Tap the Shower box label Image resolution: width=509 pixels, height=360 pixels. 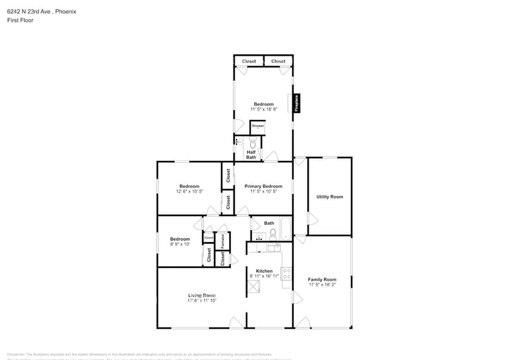click(258, 126)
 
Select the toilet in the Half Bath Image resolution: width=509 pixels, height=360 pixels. click(252, 143)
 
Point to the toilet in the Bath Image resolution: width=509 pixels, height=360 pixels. click(273, 233)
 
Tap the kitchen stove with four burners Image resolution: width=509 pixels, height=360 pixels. click(285, 273)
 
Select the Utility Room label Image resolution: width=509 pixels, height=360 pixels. click(330, 197)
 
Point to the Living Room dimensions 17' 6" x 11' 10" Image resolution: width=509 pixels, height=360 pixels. click(202, 301)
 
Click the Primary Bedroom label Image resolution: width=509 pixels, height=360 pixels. click(263, 186)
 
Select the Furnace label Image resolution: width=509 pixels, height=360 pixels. click(222, 241)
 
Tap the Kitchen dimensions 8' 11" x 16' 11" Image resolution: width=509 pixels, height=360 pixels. click(264, 276)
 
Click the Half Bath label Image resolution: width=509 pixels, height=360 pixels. click(251, 155)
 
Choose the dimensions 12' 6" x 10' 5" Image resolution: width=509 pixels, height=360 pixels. click(189, 191)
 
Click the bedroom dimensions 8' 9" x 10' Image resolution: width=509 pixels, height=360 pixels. click(180, 244)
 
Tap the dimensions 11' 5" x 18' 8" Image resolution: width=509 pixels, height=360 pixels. click(264, 109)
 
